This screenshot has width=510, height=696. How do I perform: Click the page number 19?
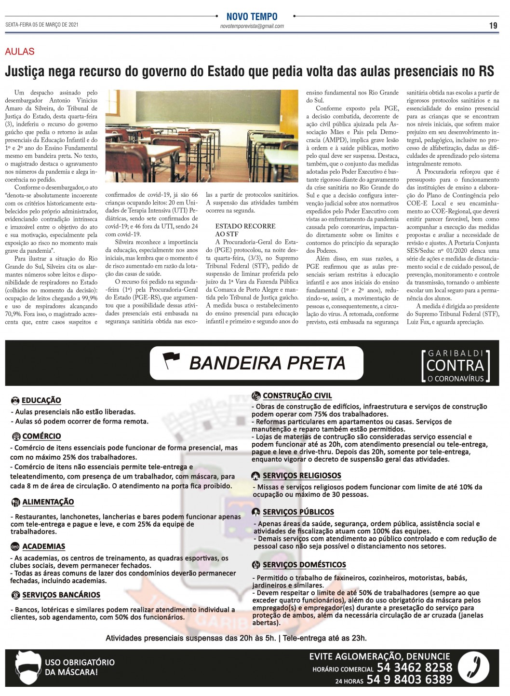(493, 26)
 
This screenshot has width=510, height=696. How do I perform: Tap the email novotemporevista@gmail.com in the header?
(252, 26)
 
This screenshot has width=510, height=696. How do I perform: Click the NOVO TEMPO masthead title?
(252, 17)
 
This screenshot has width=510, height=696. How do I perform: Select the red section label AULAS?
(20, 52)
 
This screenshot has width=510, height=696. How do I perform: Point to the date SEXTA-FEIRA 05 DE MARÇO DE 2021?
(42, 25)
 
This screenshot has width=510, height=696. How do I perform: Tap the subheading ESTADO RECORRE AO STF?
(245, 230)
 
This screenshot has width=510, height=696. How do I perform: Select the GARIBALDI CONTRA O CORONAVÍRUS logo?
(456, 367)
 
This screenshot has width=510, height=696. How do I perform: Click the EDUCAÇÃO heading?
(41, 400)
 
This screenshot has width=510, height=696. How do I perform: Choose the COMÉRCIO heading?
(41, 436)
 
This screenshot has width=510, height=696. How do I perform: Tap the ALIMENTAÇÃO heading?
(48, 502)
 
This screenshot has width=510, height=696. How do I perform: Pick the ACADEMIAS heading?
(43, 546)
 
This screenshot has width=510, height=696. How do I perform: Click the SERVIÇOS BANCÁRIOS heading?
(61, 595)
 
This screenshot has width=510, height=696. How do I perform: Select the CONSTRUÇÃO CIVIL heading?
(297, 396)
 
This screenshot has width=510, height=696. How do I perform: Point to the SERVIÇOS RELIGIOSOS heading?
(301, 476)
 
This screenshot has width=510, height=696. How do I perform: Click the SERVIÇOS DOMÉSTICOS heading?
(304, 565)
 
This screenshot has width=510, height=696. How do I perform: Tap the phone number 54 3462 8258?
(415, 668)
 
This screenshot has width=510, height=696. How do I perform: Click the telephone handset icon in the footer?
(473, 668)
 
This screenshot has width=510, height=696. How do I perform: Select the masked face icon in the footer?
(27, 669)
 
